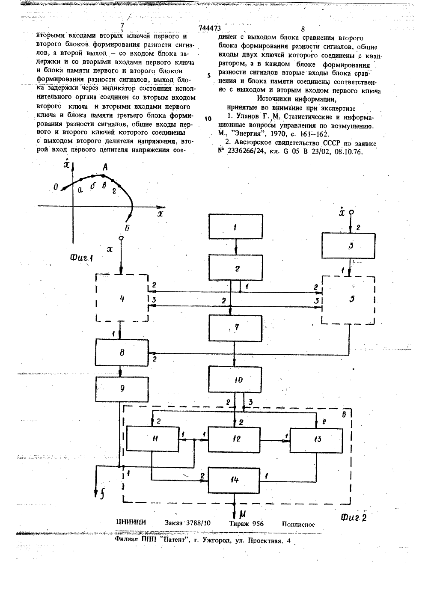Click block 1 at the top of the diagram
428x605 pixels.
(x=236, y=227)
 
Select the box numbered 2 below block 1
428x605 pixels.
(x=236, y=267)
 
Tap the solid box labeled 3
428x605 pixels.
(x=348, y=246)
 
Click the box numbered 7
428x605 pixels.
(x=235, y=328)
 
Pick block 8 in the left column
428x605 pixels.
(x=122, y=353)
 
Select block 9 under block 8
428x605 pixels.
(x=122, y=389)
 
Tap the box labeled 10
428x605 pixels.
(x=235, y=380)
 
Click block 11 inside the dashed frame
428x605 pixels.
(x=153, y=439)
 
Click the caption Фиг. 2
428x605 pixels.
(x=354, y=517)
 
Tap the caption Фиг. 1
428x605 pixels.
(x=81, y=258)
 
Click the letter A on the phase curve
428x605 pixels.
(x=105, y=168)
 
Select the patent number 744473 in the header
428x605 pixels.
(x=210, y=28)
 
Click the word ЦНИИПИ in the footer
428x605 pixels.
(x=131, y=522)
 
